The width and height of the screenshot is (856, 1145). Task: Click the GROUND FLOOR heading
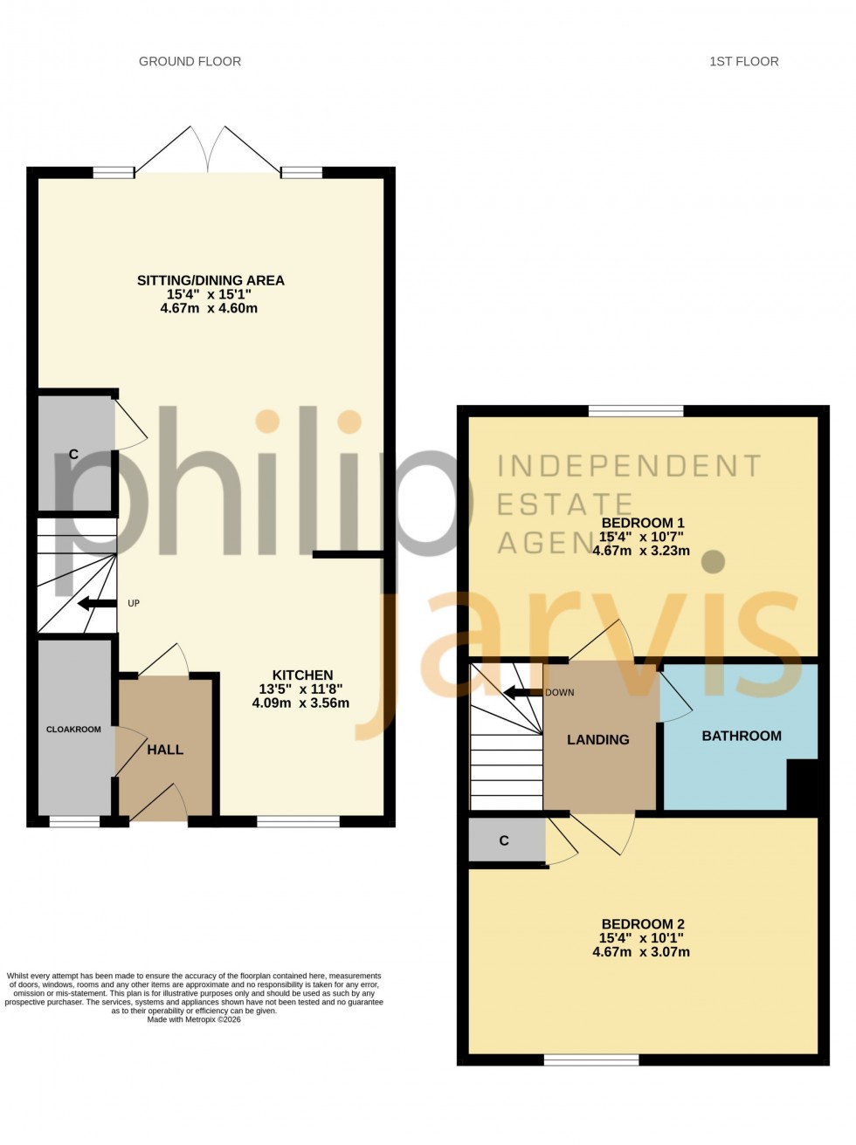coord(190,61)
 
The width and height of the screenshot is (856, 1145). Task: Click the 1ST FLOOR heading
coord(743,61)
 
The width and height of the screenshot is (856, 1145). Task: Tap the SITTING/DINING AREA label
coord(211,280)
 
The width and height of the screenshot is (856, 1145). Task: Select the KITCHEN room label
coord(302,675)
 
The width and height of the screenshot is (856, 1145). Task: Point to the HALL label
coord(165,750)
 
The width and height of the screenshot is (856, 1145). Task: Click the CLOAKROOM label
coord(73,730)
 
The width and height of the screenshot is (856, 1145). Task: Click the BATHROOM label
coord(742,736)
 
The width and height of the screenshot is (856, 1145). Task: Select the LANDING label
coord(597,739)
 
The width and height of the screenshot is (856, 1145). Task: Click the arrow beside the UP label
coord(97,603)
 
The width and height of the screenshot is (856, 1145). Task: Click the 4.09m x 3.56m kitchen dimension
coord(300,703)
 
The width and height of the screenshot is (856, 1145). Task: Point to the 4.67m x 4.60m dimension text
coord(209,308)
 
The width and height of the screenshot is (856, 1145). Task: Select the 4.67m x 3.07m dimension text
coord(641,952)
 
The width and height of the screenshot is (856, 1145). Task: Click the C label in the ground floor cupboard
coord(73,454)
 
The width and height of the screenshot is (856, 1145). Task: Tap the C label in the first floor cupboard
coord(504,840)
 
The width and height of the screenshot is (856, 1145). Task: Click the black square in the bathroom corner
coord(803,784)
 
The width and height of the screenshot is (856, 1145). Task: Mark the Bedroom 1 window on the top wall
coord(636,411)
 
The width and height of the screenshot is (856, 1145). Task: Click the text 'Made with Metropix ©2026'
coord(194,1019)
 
